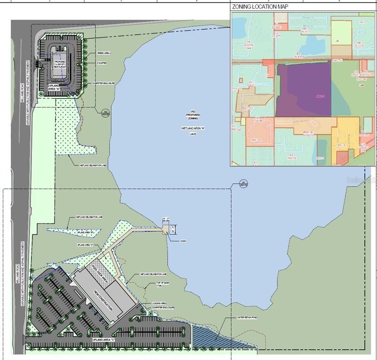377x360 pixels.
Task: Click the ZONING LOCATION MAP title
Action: (260, 7)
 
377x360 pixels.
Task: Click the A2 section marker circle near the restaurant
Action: (106, 112)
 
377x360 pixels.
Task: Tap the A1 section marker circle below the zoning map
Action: (243, 184)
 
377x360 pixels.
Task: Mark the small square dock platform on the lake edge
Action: (166, 229)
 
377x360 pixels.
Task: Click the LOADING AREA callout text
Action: (159, 304)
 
